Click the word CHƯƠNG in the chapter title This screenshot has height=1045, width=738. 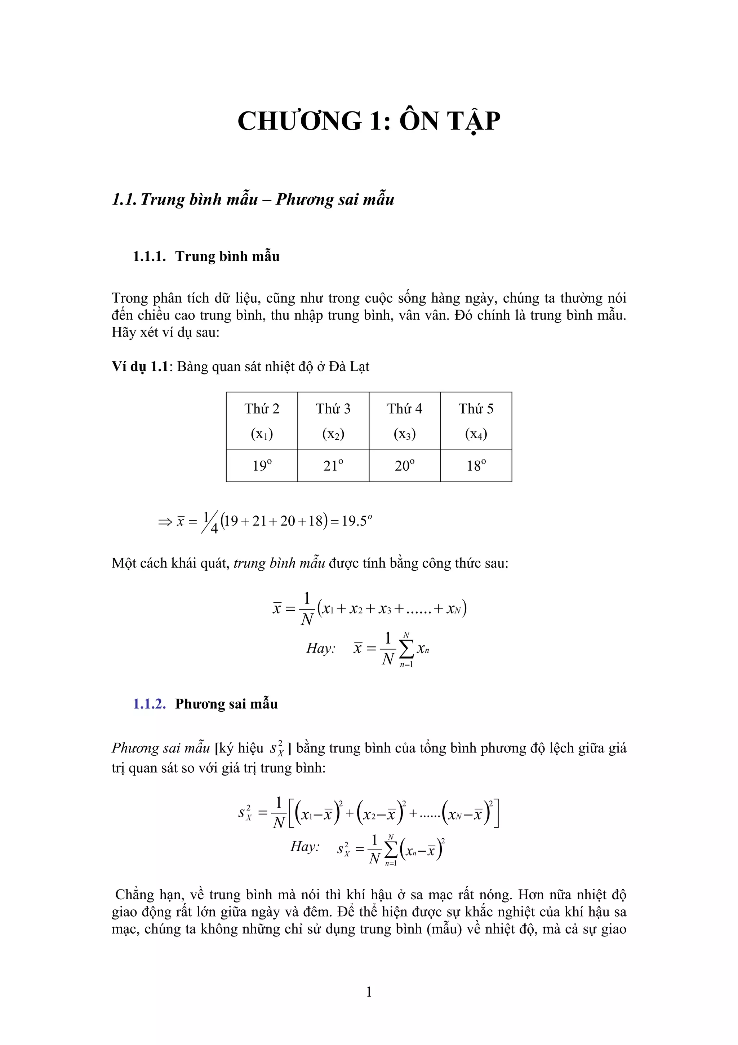pyautogui.click(x=299, y=122)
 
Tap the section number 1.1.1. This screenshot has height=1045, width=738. pyautogui.click(x=149, y=257)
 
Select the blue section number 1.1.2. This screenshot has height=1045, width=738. pyautogui.click(x=149, y=704)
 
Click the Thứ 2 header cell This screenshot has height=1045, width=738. pyautogui.click(x=262, y=421)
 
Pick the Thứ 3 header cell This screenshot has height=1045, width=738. pyautogui.click(x=333, y=421)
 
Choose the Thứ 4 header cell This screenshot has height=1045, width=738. pyautogui.click(x=405, y=421)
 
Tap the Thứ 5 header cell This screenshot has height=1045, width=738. pyautogui.click(x=476, y=421)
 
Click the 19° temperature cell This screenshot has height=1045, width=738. pyautogui.click(x=262, y=466)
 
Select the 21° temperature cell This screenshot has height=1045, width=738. pyautogui.click(x=333, y=466)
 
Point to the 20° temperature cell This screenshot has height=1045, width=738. pyautogui.click(x=405, y=466)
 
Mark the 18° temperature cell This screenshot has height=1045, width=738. pyautogui.click(x=476, y=466)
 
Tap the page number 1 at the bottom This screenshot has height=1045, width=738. pyautogui.click(x=369, y=992)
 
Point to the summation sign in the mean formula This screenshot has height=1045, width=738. pyautogui.click(x=406, y=650)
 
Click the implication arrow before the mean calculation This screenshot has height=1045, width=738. pyautogui.click(x=165, y=522)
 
